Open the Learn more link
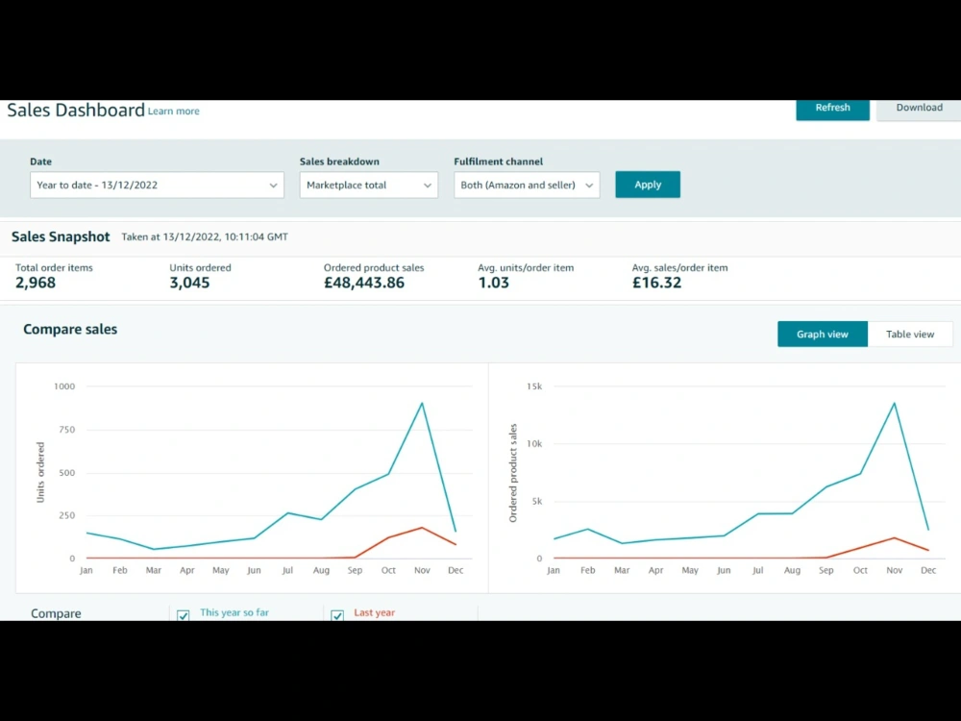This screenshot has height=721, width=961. (x=173, y=111)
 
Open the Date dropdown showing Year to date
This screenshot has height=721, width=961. (x=157, y=185)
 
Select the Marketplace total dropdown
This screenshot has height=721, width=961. (x=368, y=185)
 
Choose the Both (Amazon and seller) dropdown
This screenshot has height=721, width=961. (x=527, y=185)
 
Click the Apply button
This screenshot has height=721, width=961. (x=648, y=185)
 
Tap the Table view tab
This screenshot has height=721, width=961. (x=910, y=335)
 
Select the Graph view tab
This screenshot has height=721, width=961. (x=823, y=335)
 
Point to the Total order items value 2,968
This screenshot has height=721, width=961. (x=36, y=283)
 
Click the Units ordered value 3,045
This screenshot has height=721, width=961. (x=189, y=283)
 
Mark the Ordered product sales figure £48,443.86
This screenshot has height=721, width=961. (x=364, y=283)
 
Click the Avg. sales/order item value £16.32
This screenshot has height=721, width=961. (x=656, y=283)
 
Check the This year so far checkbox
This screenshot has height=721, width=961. (x=184, y=615)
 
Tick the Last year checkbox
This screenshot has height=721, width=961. (x=337, y=615)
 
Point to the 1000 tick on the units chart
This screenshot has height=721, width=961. (x=64, y=386)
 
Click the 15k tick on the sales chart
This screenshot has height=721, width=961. (x=534, y=386)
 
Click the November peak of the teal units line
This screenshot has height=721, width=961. (x=422, y=403)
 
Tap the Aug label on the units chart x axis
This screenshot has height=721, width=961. (x=321, y=570)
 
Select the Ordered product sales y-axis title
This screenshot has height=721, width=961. (x=513, y=473)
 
